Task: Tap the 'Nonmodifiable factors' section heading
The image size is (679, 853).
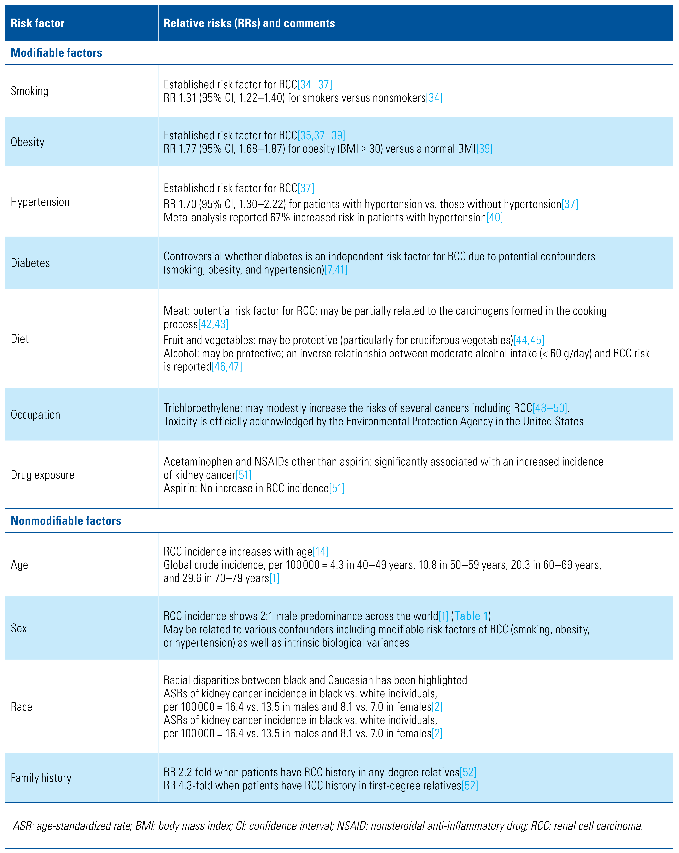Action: [x=66, y=521]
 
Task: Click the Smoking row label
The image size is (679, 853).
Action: [x=30, y=91]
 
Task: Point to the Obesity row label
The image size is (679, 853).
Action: [x=28, y=142]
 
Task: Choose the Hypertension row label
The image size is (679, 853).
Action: [x=40, y=202]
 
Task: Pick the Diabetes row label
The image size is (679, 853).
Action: [x=30, y=263]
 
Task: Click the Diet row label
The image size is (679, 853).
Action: [x=20, y=339]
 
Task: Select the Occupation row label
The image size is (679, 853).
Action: [x=36, y=415]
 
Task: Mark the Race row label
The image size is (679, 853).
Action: [x=21, y=707]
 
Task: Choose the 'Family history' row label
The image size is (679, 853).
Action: [x=41, y=778]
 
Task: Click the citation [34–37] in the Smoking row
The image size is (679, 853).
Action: [x=315, y=85]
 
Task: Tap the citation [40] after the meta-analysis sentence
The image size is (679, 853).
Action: [x=494, y=218]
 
